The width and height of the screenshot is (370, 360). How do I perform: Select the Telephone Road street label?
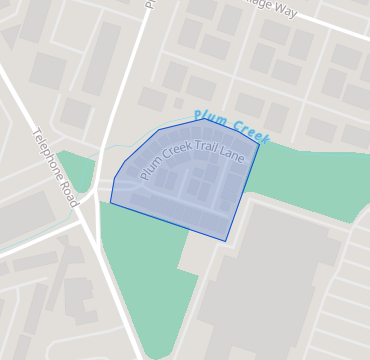tap(55, 167)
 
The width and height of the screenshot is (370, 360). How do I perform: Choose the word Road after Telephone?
tap(68, 189)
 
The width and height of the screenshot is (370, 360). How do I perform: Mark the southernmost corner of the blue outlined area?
tap(225, 241)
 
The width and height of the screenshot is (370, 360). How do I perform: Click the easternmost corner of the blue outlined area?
tap(260, 146)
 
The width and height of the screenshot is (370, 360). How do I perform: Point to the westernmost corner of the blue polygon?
tap(110, 203)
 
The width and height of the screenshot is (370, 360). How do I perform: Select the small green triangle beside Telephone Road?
tap(78, 167)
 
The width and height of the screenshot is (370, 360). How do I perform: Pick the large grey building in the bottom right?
tap(270, 290)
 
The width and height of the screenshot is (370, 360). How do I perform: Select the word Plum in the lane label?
tap(150, 172)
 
